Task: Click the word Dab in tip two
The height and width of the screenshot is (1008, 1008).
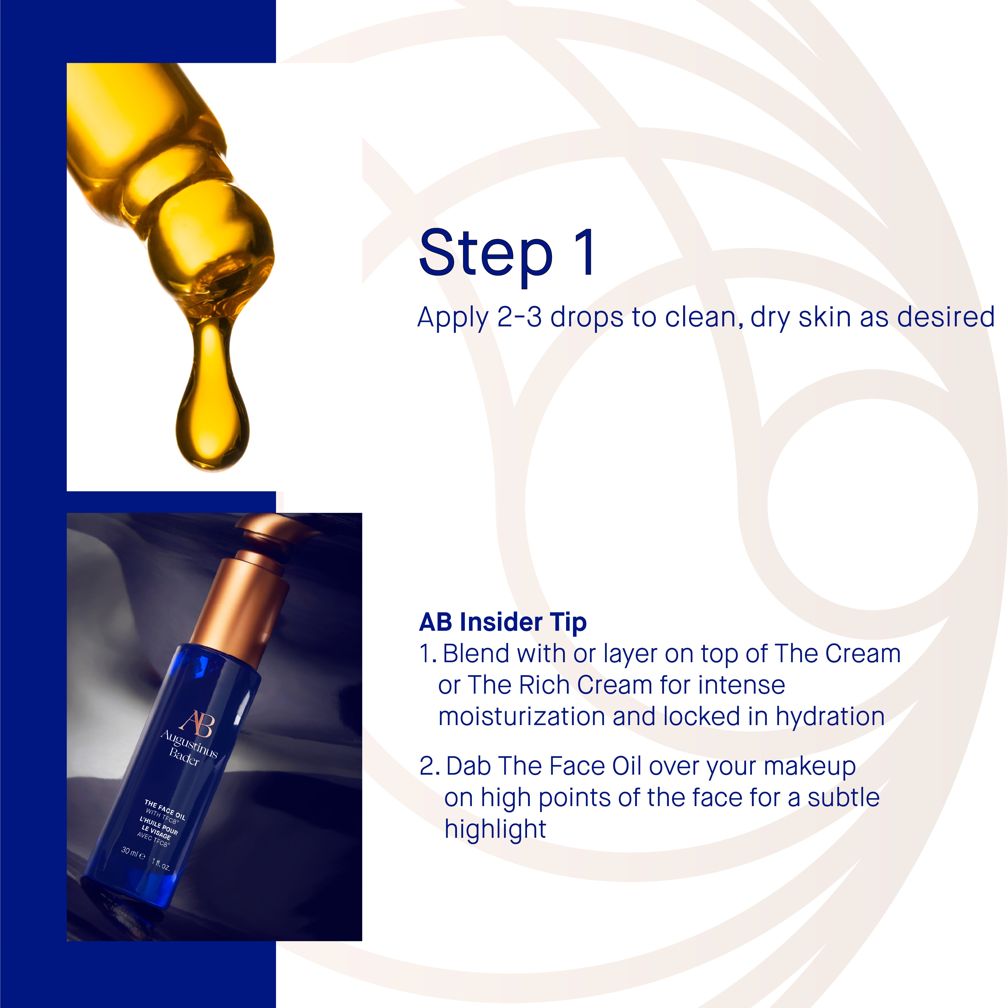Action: click(469, 766)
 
